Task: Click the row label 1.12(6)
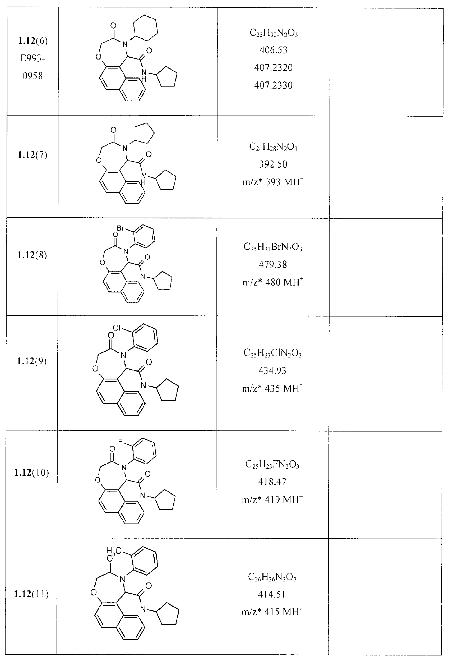[x=33, y=41]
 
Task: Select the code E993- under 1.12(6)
[x=33, y=59]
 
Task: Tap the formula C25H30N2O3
[x=274, y=33]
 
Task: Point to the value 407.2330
[x=273, y=85]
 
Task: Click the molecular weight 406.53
[x=273, y=50]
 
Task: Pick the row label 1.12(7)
[x=33, y=155]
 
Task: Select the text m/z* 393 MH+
[x=273, y=181]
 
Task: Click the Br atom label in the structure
[x=120, y=228]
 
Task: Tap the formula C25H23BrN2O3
[x=273, y=247]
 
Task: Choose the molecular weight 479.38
[x=273, y=264]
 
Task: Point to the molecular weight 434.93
[x=272, y=371]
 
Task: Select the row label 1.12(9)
[x=32, y=361]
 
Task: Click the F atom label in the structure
[x=120, y=442]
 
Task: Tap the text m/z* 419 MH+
[x=272, y=499]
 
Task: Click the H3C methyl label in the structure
[x=114, y=551]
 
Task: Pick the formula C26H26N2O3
[x=272, y=577]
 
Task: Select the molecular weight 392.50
[x=273, y=164]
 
